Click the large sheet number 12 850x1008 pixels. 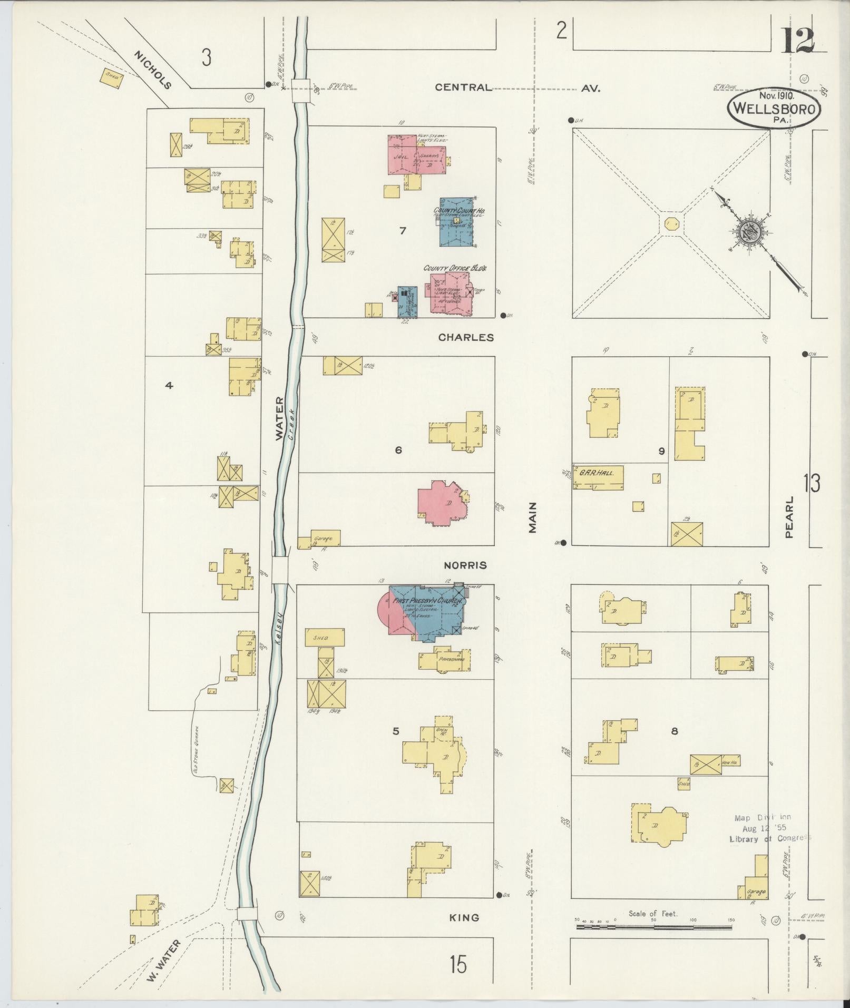click(797, 40)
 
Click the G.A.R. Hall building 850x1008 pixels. click(598, 476)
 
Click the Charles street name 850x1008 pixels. click(466, 337)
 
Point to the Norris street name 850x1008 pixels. click(465, 565)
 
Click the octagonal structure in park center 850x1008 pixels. click(671, 223)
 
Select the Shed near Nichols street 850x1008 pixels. click(112, 77)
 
